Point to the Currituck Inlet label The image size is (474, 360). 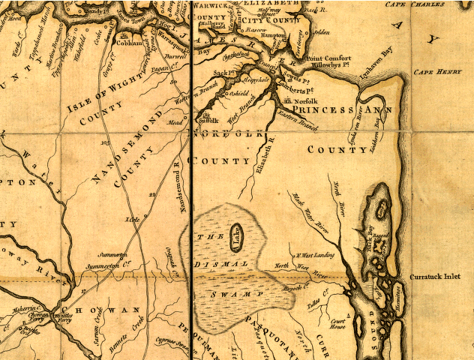tap(436, 277)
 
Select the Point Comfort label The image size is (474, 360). tap(328, 58)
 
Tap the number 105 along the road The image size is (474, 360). tap(103, 141)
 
